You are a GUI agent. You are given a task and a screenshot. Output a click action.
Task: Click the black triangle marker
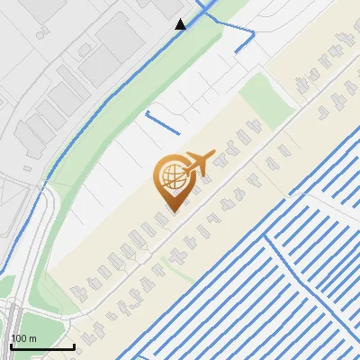[x=181, y=23]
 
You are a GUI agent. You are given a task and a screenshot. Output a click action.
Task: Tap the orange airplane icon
[x=201, y=162]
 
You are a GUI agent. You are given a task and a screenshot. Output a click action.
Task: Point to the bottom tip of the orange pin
[x=171, y=211]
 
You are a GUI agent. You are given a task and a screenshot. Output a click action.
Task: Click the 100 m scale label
[x=23, y=337]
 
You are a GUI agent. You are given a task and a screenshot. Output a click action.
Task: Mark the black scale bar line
[x=42, y=346]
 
